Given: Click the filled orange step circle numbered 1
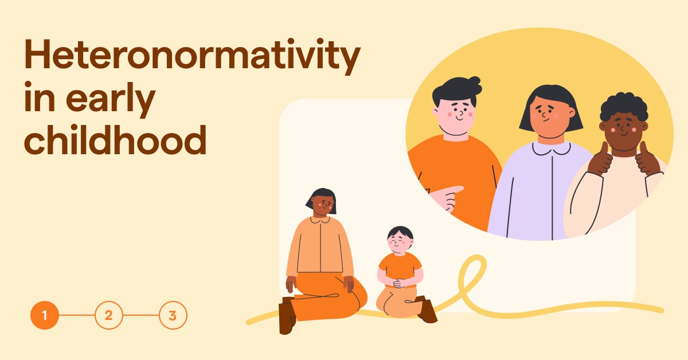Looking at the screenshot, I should pos(45,315).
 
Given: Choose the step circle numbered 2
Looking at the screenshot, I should pos(109,315).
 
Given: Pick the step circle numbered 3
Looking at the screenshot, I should pos(173,315).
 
